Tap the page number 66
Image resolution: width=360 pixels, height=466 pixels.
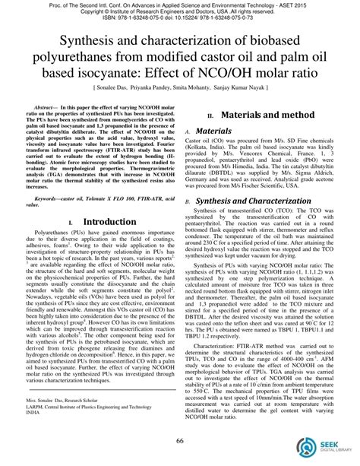tap(180, 442)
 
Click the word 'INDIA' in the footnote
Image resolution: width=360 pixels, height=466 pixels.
tap(33, 417)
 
